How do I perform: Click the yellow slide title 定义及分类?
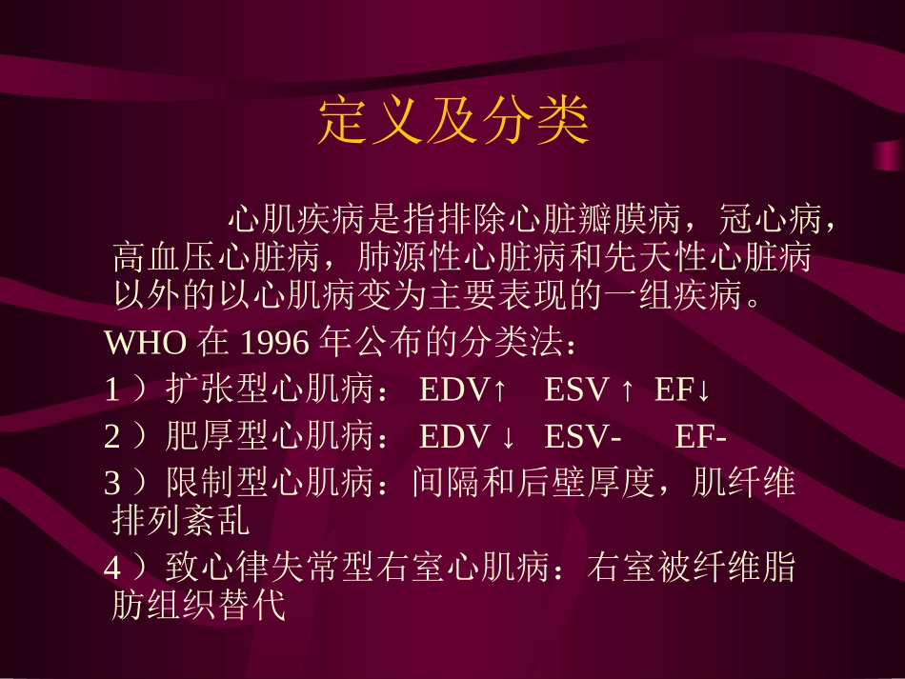click(453, 121)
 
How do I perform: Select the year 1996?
click(276, 342)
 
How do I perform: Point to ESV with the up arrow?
click(588, 389)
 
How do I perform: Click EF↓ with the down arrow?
click(683, 389)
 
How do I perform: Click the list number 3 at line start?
click(112, 484)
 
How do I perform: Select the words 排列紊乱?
click(180, 521)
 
